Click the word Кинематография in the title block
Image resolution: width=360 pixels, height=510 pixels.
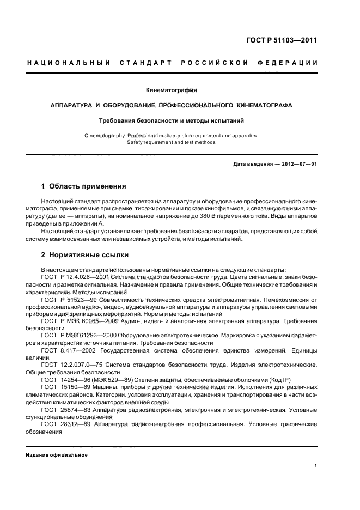point(172,90)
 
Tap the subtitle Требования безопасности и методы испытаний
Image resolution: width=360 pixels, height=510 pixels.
point(172,120)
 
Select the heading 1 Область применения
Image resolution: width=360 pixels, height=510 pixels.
point(83,186)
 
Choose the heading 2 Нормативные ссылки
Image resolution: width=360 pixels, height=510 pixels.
point(86,254)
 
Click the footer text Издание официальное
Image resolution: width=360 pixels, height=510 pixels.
point(57,454)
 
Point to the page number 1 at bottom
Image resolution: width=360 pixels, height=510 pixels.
point(316,466)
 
